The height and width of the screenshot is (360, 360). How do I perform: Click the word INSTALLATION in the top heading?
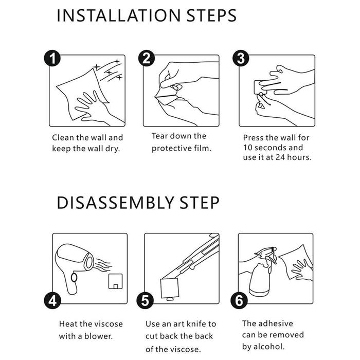(x=118, y=15)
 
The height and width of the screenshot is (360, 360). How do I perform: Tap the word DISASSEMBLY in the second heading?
(x=116, y=203)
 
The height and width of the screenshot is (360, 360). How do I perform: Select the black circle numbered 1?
(x=52, y=58)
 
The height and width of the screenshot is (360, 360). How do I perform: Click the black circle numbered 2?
(x=147, y=58)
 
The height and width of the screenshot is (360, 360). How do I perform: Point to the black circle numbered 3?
(x=241, y=58)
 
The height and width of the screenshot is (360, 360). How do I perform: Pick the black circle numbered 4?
(x=52, y=300)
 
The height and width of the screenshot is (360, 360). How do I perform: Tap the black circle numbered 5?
(x=145, y=300)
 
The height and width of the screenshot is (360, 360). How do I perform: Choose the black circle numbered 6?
(x=239, y=300)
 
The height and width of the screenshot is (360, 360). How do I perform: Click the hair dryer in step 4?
(x=76, y=266)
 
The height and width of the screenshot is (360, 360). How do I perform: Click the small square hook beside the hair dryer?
(x=116, y=281)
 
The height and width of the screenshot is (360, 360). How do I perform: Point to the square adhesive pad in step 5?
(x=170, y=289)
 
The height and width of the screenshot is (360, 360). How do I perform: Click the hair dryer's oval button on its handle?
(x=74, y=277)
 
